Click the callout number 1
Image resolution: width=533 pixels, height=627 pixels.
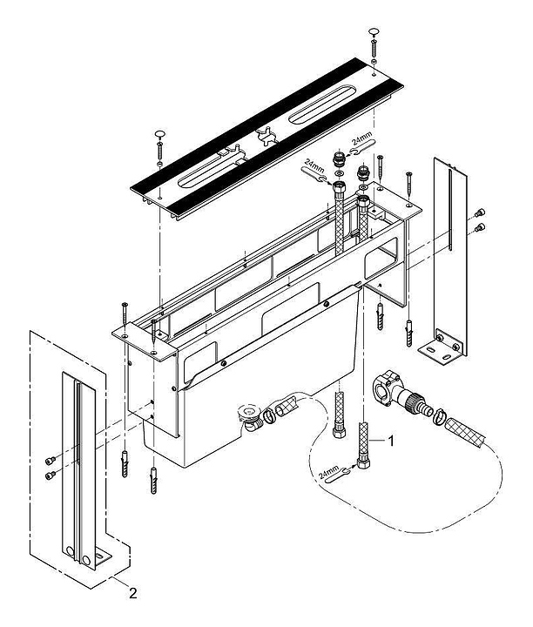coord(391,441)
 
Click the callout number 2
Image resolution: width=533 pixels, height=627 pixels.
coord(132,593)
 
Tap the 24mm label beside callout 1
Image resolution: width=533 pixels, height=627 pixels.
coord(328,472)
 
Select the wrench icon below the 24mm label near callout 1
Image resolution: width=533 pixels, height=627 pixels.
coord(339,475)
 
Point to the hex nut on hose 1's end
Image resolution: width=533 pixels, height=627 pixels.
coord(363,463)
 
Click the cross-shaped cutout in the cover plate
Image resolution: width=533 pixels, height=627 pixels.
coord(267,136)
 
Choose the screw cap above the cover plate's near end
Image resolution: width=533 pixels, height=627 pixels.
coord(160,133)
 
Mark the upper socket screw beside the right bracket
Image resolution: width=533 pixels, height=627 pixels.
coord(480,213)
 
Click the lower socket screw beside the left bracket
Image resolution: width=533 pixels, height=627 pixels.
coord(51,475)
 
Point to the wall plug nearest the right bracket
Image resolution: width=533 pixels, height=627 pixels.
coord(409,333)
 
